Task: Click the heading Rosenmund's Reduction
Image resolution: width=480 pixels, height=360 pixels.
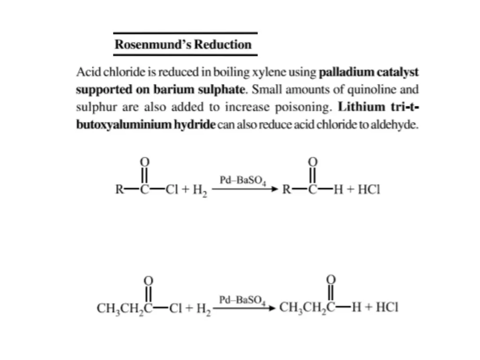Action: [183, 45]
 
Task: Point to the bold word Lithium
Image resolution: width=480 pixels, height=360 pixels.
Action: [361, 107]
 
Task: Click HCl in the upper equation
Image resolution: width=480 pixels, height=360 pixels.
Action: [367, 190]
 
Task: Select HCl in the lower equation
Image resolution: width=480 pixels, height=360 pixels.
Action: [387, 308]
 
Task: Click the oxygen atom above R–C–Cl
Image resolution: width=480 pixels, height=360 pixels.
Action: [145, 161]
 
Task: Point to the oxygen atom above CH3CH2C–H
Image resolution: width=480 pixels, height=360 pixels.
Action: [331, 279]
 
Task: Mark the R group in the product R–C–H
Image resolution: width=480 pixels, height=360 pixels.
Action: [287, 190]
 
